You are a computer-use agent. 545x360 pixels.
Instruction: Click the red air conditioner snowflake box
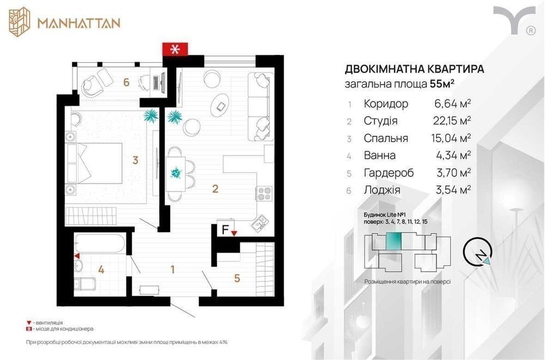175,49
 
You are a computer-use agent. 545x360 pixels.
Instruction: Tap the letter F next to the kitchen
225,229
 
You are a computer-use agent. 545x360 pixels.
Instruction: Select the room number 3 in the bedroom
136,160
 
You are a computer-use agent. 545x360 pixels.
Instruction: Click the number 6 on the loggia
126,82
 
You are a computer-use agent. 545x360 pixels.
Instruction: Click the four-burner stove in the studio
264,193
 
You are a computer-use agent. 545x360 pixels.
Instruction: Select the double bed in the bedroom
94,163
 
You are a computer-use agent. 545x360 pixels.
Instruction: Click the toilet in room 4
84,284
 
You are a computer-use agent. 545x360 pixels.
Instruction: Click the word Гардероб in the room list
389,173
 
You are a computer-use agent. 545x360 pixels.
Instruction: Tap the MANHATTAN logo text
79,23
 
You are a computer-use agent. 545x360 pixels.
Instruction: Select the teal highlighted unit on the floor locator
393,241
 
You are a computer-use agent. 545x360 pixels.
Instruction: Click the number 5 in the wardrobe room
237,278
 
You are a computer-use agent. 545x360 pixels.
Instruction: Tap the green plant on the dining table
176,172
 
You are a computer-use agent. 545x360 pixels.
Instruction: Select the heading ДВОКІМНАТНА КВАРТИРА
414,69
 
